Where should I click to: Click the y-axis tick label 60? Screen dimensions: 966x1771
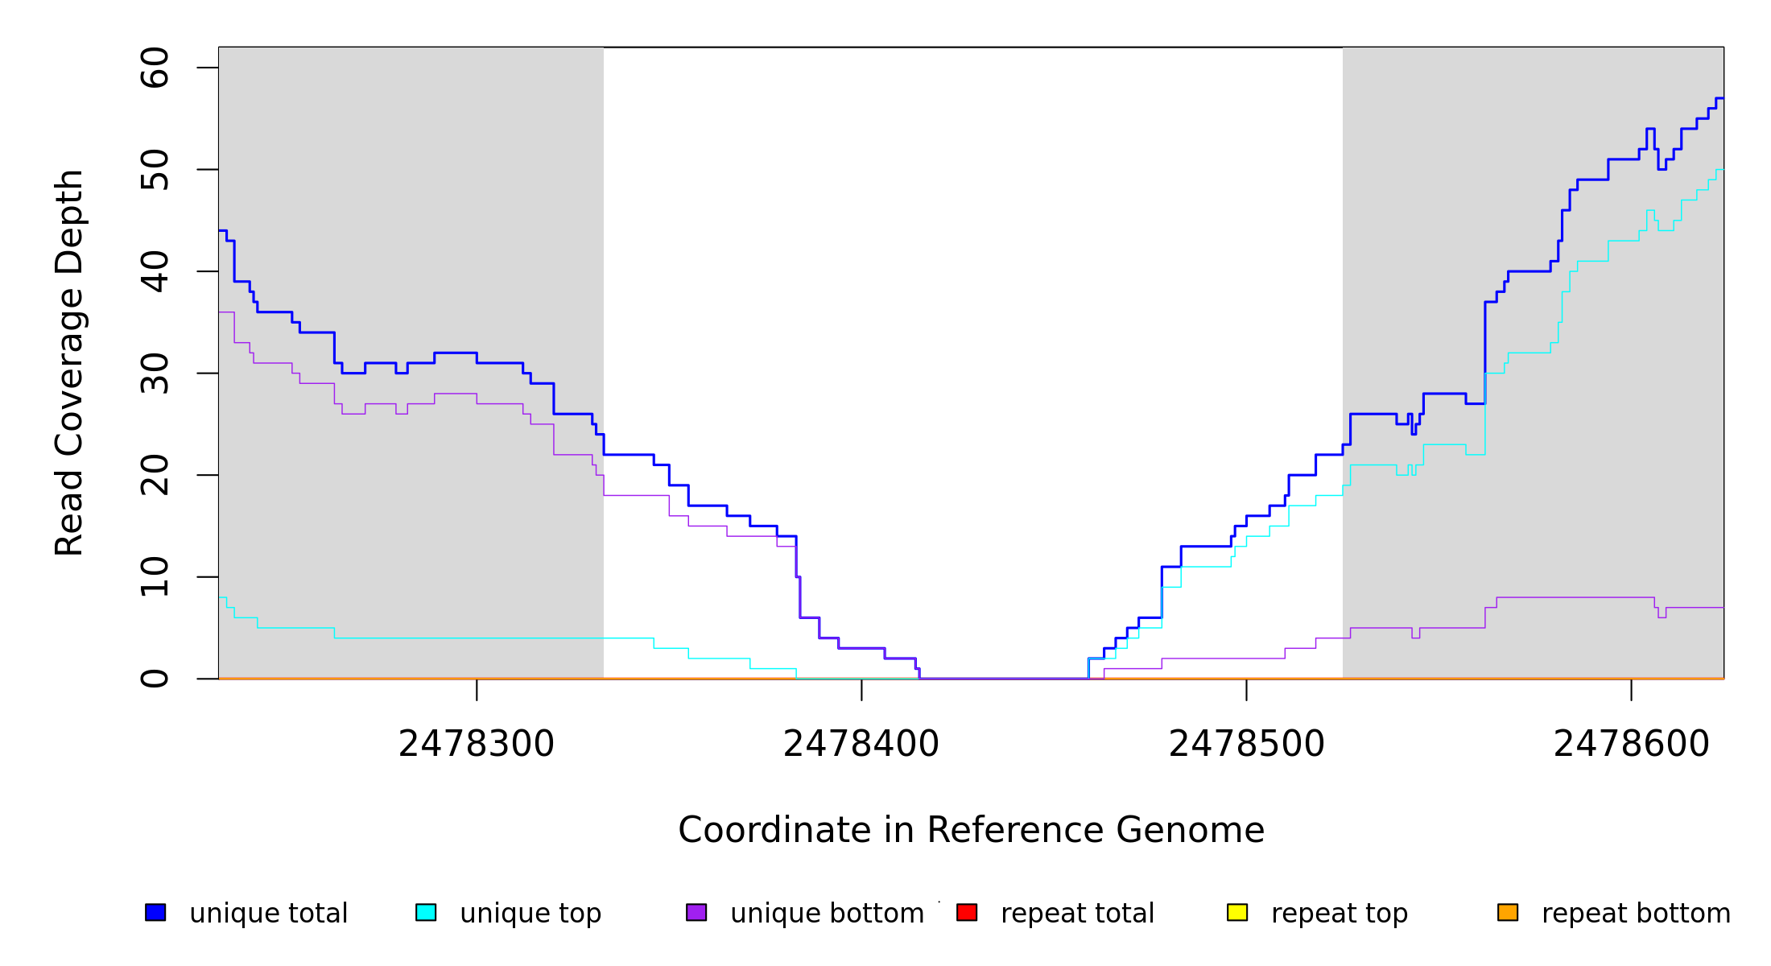[155, 68]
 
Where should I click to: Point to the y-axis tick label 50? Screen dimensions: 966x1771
[155, 169]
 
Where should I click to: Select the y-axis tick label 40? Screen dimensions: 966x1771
[155, 271]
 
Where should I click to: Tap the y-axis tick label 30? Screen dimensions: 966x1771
[155, 374]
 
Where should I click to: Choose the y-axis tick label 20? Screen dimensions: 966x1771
[155, 475]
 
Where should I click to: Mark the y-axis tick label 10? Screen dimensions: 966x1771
[155, 577]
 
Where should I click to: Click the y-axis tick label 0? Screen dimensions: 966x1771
[155, 679]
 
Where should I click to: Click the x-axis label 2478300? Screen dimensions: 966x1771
[477, 744]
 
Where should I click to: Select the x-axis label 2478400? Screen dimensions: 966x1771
[861, 744]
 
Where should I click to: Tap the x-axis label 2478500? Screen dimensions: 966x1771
[1246, 744]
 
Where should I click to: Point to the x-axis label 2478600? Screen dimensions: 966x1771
[1631, 744]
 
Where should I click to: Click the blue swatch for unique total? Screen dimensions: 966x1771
[155, 912]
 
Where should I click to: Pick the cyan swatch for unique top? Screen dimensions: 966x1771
[426, 912]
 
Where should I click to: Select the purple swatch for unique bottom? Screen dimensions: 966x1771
[696, 912]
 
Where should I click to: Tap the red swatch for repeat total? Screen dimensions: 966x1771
[967, 912]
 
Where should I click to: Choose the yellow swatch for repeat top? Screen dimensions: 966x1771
[1237, 912]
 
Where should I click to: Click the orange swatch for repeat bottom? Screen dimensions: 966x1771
[1508, 912]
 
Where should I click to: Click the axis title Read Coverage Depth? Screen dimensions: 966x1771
[69, 362]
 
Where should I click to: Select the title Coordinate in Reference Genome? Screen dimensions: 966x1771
[971, 830]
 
